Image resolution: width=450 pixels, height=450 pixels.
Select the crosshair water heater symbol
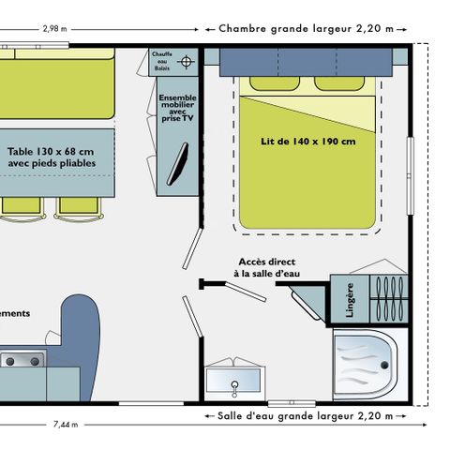[x=186, y=62]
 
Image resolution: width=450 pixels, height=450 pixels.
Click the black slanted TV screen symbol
[x=178, y=163]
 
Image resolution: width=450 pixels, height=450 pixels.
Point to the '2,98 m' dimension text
[x=53, y=28]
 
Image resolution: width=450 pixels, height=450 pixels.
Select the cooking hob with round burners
[x=21, y=360]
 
